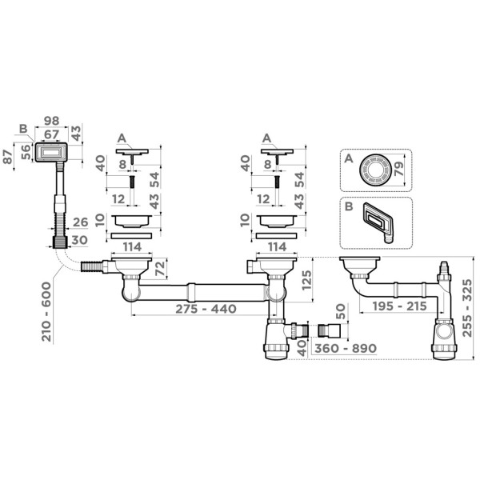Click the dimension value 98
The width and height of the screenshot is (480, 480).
51,121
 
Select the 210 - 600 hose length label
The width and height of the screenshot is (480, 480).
47,312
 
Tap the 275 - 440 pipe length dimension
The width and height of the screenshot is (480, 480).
206,309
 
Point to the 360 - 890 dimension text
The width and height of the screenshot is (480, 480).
346,348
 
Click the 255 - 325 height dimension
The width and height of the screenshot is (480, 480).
467,308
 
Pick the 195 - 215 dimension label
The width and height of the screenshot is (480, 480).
399,306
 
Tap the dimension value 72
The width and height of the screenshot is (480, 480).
160,269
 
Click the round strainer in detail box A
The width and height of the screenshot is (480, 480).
374,170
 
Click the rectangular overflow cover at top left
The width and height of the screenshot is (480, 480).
51,152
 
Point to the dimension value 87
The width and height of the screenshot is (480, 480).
8,157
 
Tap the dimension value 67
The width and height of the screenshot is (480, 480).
51,134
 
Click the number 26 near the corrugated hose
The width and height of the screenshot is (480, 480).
81,222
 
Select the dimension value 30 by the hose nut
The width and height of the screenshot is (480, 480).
79,240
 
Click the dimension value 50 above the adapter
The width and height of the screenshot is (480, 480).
341,311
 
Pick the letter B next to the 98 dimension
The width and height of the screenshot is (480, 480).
23,129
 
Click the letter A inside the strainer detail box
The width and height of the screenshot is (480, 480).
349,158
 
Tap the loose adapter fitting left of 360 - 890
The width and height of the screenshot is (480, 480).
327,330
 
